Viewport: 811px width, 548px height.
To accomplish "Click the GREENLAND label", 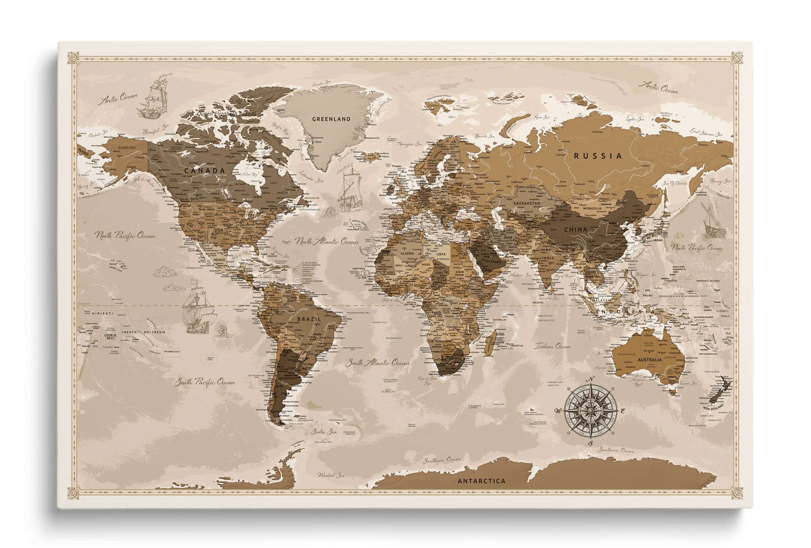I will pyautogui.click(x=331, y=119).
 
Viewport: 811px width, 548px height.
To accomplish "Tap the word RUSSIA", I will pyautogui.click(x=598, y=156).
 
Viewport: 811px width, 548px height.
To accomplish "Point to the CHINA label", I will pyautogui.click(x=575, y=229).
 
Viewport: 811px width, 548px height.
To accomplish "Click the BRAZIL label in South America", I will pyautogui.click(x=309, y=319).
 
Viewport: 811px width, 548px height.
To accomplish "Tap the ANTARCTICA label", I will pyautogui.click(x=482, y=481).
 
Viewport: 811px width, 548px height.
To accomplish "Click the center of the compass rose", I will pyautogui.click(x=590, y=412).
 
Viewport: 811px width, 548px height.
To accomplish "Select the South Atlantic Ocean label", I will pyautogui.click(x=378, y=363).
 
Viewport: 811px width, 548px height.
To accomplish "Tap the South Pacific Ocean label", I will pyautogui.click(x=204, y=382).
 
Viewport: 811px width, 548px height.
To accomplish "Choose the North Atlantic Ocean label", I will pyautogui.click(x=327, y=242).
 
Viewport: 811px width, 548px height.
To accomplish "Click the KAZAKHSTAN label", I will pyautogui.click(x=526, y=203).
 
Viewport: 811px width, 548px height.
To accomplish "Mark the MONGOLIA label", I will pyautogui.click(x=592, y=208).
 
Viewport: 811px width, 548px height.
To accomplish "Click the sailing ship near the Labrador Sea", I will pyautogui.click(x=349, y=186).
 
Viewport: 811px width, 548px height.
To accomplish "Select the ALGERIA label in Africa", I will pyautogui.click(x=406, y=254).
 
